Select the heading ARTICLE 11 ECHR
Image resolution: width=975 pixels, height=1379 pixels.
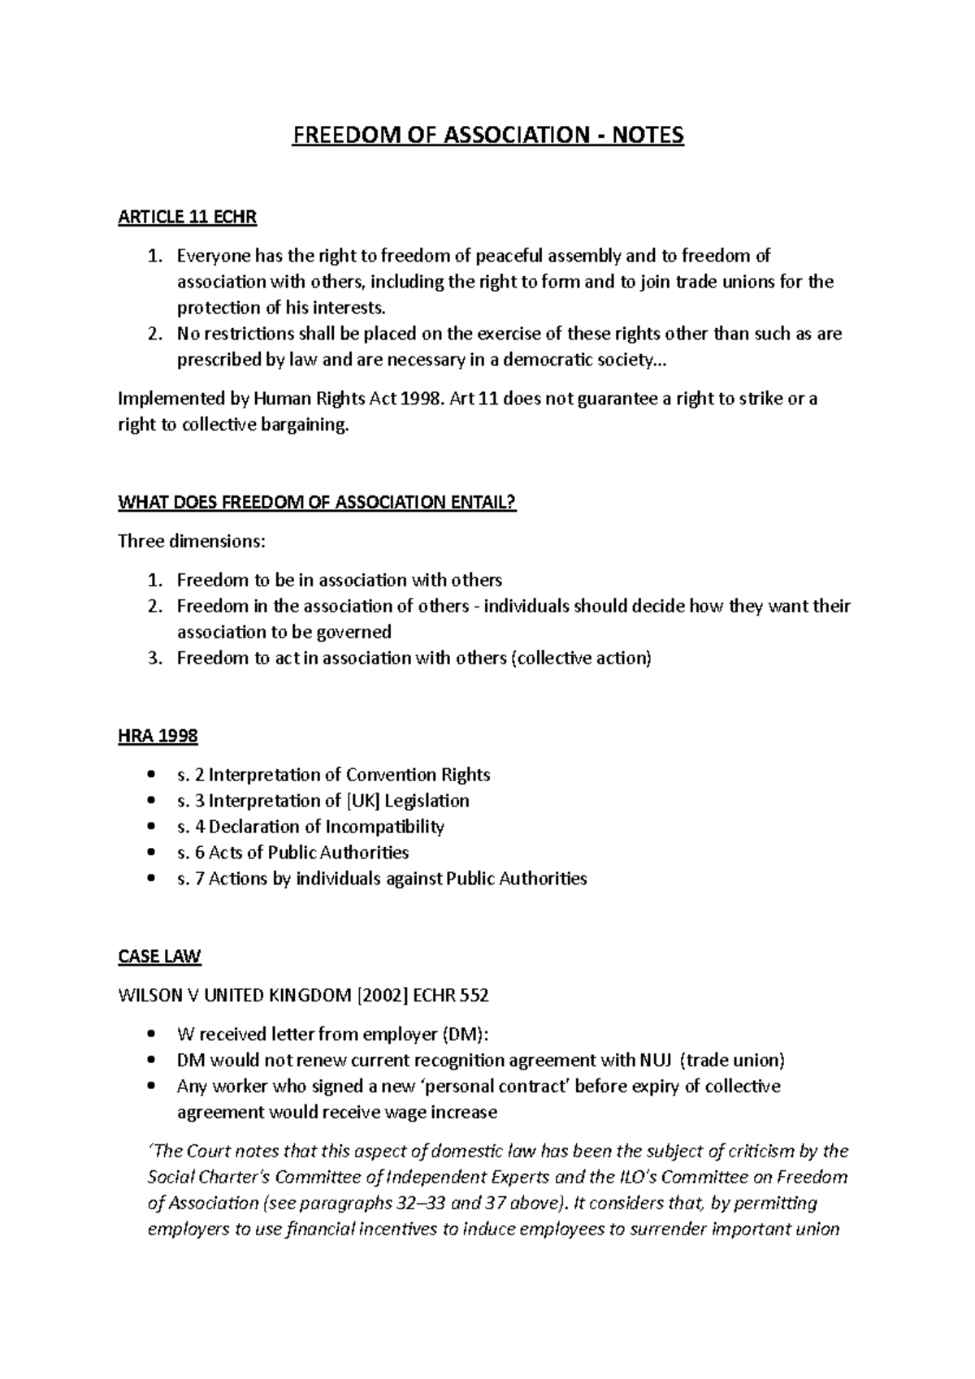pyautogui.click(x=188, y=217)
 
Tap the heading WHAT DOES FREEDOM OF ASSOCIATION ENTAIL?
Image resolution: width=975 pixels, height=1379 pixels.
pyautogui.click(x=317, y=503)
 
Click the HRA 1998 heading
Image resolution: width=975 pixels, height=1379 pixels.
pyautogui.click(x=158, y=736)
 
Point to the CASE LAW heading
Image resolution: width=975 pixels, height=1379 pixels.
pyautogui.click(x=159, y=956)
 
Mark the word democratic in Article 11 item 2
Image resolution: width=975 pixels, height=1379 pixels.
pyautogui.click(x=533, y=360)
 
